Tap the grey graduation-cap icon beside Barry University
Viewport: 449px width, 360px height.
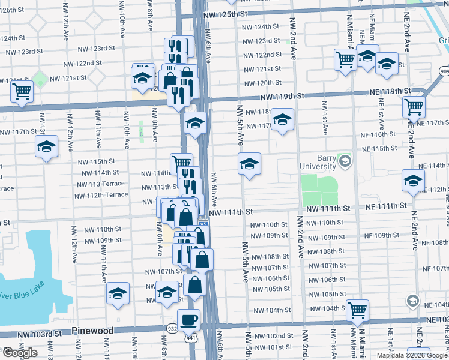pyautogui.click(x=345, y=160)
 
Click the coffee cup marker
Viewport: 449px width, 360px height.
pyautogui.click(x=189, y=320)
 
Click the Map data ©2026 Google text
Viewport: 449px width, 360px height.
pyautogui.click(x=412, y=355)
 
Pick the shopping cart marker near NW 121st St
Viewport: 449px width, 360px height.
pyautogui.click(x=21, y=92)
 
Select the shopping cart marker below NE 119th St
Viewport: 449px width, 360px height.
pyautogui.click(x=414, y=107)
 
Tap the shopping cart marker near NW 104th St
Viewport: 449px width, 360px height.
pyautogui.click(x=357, y=310)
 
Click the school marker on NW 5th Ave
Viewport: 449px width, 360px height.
pyautogui.click(x=249, y=163)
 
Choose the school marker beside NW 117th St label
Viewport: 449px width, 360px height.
pyautogui.click(x=282, y=119)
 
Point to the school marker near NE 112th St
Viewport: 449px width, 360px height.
pyautogui.click(x=413, y=180)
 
